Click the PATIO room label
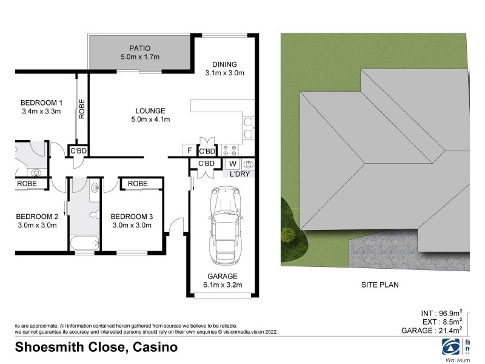(139, 48)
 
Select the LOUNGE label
(150, 111)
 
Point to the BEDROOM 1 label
(41, 102)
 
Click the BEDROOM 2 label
(37, 217)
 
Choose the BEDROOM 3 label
(132, 217)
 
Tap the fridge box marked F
(189, 150)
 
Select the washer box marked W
(232, 164)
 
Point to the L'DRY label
(239, 174)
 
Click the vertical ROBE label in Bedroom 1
(81, 109)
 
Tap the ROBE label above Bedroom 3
(138, 183)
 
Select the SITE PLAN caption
(375, 284)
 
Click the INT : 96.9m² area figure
(441, 313)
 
